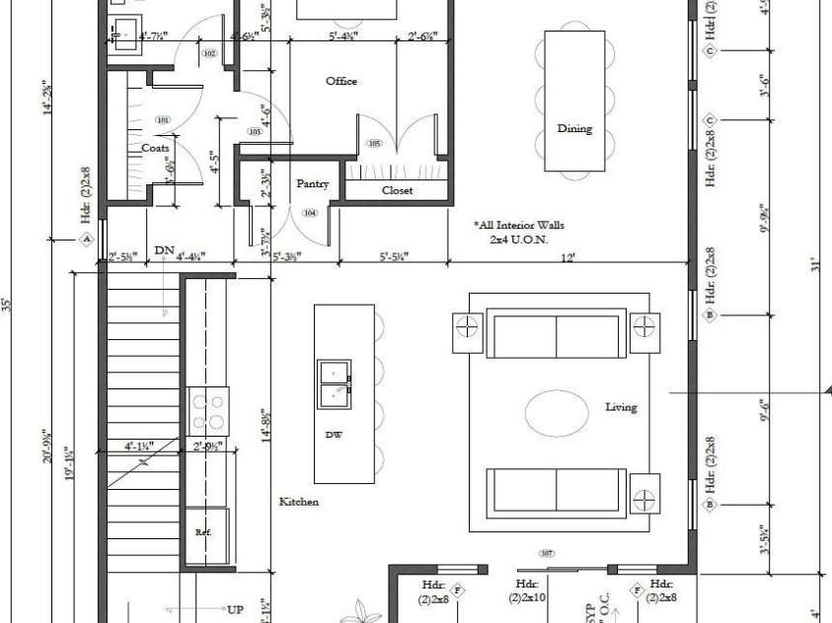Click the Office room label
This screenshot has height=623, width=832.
(x=341, y=81)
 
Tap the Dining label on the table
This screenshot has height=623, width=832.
(x=574, y=128)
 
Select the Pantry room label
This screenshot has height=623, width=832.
(x=312, y=183)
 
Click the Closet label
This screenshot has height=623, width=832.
(x=397, y=190)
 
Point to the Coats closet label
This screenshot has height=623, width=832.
(x=155, y=148)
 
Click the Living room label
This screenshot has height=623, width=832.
(x=622, y=407)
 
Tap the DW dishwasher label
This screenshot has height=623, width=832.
(x=333, y=434)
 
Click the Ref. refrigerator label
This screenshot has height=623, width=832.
(x=203, y=531)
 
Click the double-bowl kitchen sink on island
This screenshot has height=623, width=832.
(x=333, y=383)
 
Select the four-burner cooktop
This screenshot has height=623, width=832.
(x=208, y=411)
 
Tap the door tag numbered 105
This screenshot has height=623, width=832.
(x=374, y=144)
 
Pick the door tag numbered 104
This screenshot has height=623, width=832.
(x=310, y=213)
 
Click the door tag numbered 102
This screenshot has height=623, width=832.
(x=208, y=54)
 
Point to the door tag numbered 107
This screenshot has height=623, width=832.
(x=548, y=553)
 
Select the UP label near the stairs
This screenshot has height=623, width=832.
(x=235, y=609)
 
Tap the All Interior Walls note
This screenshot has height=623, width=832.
(x=518, y=232)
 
